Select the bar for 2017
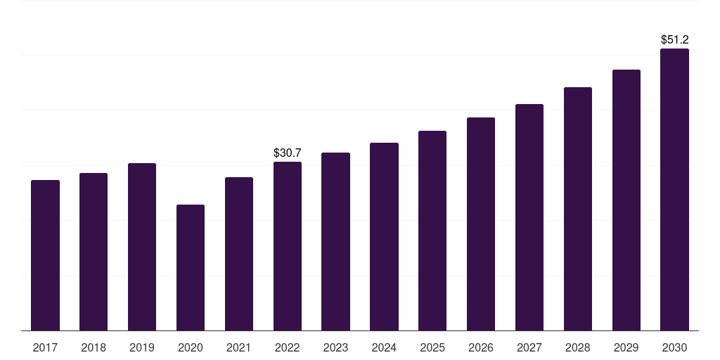click(x=45, y=255)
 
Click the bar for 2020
click(x=191, y=268)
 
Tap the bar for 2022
click(x=288, y=246)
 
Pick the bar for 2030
click(x=674, y=190)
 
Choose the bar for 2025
click(x=432, y=231)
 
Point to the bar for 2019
click(x=142, y=247)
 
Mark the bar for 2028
click(x=578, y=209)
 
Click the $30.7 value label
click(x=288, y=153)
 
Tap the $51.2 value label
click(x=674, y=39)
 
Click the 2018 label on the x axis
click(x=94, y=347)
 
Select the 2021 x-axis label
click(x=239, y=347)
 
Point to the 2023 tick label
click(x=335, y=347)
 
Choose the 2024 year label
click(x=384, y=347)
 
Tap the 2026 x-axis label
click(x=481, y=347)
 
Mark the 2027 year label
click(x=529, y=347)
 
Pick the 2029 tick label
click(x=626, y=347)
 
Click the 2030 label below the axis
click(x=674, y=347)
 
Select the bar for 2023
click(x=335, y=242)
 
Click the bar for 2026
click(x=481, y=224)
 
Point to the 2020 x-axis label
click(x=191, y=347)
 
